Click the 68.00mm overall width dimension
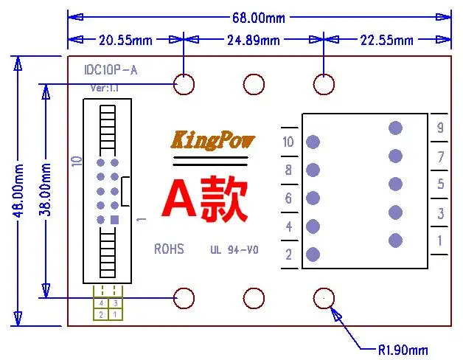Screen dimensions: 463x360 click(259, 18)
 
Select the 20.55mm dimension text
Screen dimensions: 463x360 click(125, 40)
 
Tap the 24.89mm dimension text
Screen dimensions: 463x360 click(254, 40)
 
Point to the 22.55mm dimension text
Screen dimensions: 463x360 click(387, 40)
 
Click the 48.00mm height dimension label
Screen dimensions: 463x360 click(18, 190)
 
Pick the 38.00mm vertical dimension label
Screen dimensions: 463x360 click(45, 189)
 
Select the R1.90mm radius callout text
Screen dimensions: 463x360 click(403, 350)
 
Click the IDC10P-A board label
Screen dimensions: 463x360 click(111, 70)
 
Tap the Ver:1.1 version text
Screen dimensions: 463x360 click(105, 88)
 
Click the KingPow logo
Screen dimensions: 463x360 click(213, 140)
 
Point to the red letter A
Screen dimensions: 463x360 click(179, 198)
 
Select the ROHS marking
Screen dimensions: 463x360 click(169, 249)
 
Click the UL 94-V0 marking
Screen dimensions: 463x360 click(234, 250)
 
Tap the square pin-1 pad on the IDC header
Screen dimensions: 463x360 click(114, 220)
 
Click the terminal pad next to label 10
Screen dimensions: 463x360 click(313, 142)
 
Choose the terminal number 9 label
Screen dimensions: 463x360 click(440, 128)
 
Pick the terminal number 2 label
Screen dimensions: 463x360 click(288, 255)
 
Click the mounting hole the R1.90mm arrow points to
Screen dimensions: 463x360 click(324, 298)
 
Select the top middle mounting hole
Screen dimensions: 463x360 click(254, 85)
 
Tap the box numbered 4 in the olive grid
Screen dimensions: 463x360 click(101, 303)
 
